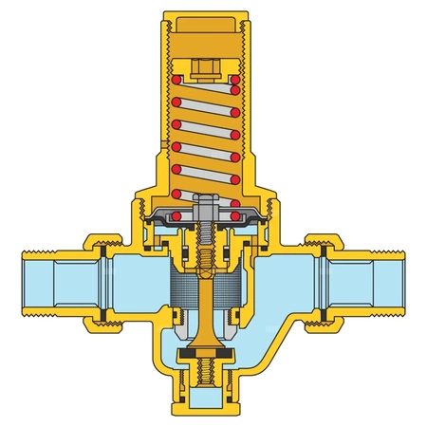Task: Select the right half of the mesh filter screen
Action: click(232, 287)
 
